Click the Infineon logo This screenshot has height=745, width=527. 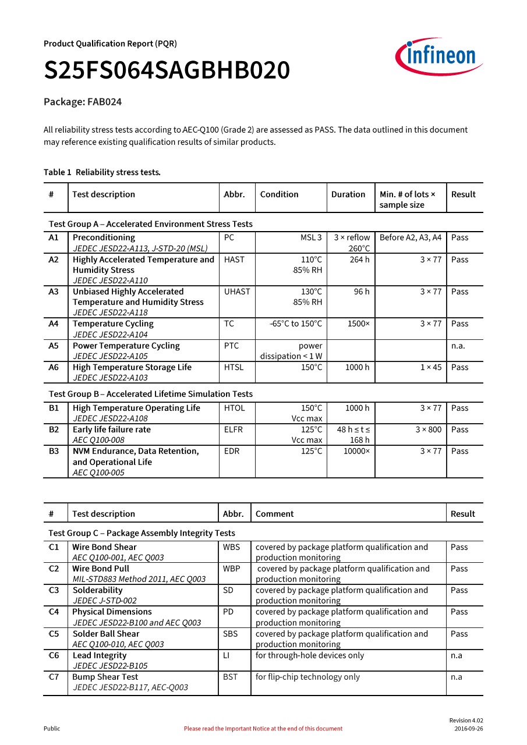[438, 58]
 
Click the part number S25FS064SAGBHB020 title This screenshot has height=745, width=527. [167, 71]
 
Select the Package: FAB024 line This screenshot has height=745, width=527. [83, 102]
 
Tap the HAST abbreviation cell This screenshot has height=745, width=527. [234, 260]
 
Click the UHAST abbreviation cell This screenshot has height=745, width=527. [236, 292]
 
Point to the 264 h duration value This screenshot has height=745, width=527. [359, 260]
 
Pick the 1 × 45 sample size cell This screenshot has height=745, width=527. [431, 367]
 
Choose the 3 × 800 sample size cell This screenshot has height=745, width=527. [428, 430]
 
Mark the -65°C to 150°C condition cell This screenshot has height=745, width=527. [296, 324]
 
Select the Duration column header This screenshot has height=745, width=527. [348, 194]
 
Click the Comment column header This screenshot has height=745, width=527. [274, 514]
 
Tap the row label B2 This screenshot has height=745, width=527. [54, 430]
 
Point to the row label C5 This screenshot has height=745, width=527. [54, 634]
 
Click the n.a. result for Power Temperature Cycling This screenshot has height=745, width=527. [458, 346]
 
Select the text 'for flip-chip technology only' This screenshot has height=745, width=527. [307, 677]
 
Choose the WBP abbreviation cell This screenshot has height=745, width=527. [231, 569]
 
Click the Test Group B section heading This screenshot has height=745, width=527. [151, 394]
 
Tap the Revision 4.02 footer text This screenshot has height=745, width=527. [466, 721]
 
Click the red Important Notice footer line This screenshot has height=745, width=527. [263, 729]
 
